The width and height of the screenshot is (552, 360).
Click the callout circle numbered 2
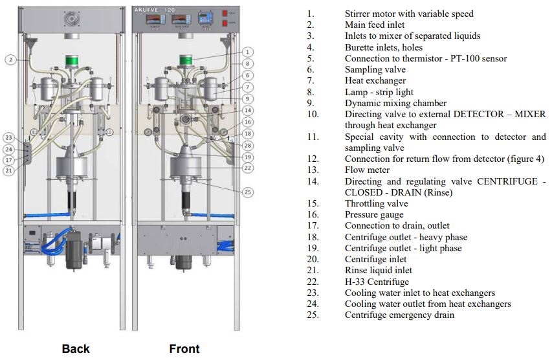11,60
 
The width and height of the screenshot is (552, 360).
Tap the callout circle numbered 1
249,52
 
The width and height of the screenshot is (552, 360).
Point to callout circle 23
8,137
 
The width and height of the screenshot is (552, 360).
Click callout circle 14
249,110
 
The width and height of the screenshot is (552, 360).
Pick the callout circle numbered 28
249,145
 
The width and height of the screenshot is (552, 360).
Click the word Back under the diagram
76,349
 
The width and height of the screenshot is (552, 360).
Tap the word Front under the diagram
184,349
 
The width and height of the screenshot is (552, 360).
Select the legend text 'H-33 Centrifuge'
377,282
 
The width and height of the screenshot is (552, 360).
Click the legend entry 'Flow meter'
366,170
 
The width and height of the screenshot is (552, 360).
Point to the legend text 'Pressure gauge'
374,214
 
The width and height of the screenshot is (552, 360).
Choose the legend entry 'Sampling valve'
375,69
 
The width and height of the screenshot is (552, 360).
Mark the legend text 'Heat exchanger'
375,80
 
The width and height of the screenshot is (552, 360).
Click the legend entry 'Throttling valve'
376,203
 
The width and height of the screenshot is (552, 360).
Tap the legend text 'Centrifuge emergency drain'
399,315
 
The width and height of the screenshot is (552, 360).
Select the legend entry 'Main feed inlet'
376,25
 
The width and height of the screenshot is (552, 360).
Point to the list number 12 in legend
313,159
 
